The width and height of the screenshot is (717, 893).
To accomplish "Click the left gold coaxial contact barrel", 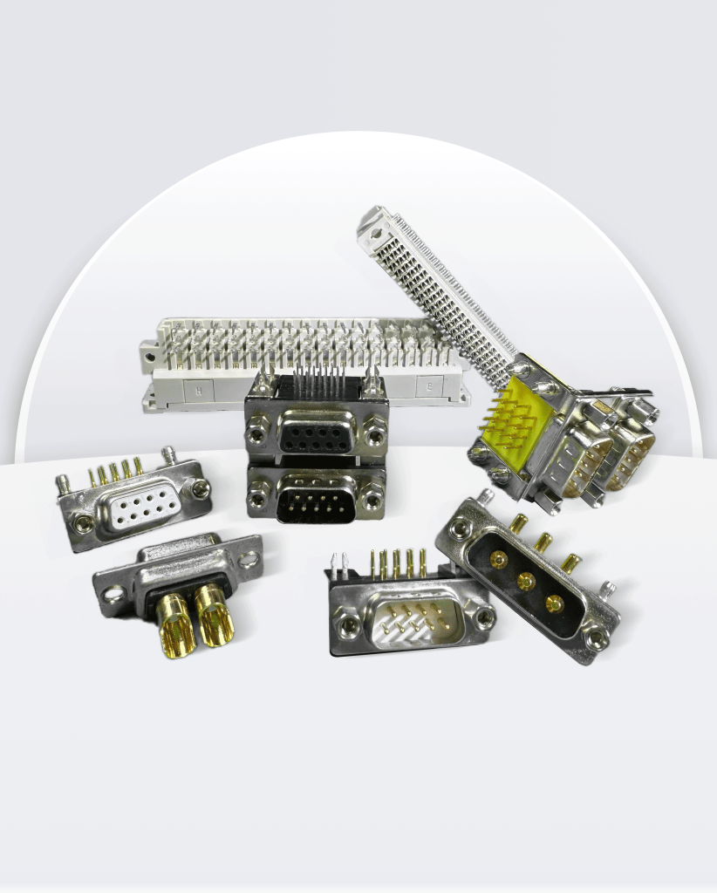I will [x=177, y=624].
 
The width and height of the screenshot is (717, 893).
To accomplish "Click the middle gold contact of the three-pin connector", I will [x=525, y=582].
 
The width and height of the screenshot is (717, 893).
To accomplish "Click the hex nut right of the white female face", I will [x=201, y=490].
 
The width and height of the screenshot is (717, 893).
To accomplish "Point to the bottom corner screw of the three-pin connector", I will [x=597, y=641].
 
